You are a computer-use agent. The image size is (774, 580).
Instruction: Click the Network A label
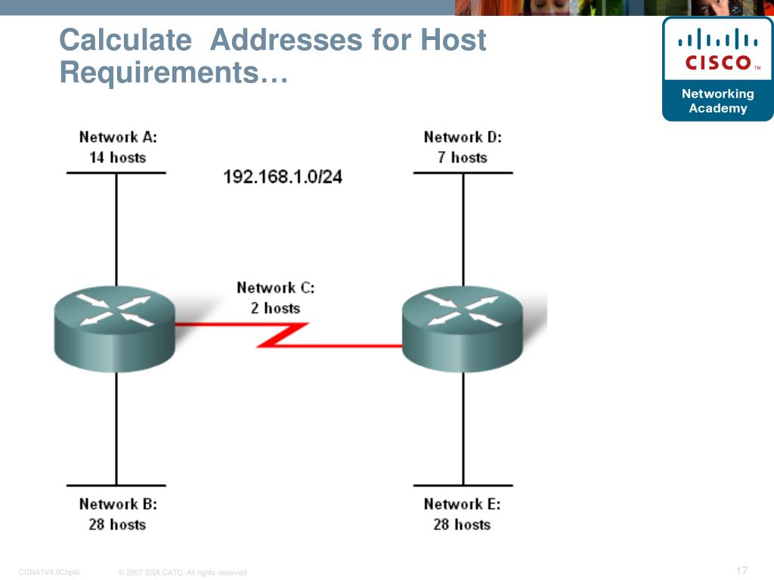click(x=118, y=137)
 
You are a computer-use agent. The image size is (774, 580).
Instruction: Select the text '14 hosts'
click(x=117, y=158)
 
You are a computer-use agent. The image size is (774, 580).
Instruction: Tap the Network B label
click(x=118, y=504)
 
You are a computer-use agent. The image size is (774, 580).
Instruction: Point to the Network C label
click(x=275, y=288)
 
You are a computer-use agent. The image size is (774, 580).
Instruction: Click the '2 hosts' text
click(x=275, y=308)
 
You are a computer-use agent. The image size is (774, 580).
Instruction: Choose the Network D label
click(x=463, y=137)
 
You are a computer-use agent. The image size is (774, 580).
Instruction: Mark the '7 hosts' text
click(x=463, y=158)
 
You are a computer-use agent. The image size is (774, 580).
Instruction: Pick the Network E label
click(x=462, y=504)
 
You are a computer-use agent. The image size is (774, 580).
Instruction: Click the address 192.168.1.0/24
click(x=283, y=177)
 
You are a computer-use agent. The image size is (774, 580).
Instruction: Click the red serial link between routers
click(x=283, y=335)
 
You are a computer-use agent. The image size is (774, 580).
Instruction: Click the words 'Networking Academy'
click(x=717, y=101)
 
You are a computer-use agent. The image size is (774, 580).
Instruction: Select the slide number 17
click(x=741, y=570)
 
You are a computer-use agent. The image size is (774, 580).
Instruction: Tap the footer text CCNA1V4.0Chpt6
click(x=49, y=572)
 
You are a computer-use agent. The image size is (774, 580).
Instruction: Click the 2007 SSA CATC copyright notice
click(x=183, y=572)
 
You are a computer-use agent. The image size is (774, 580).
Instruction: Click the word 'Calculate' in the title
click(x=125, y=40)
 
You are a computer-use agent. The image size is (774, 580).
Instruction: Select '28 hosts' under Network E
click(x=462, y=524)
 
